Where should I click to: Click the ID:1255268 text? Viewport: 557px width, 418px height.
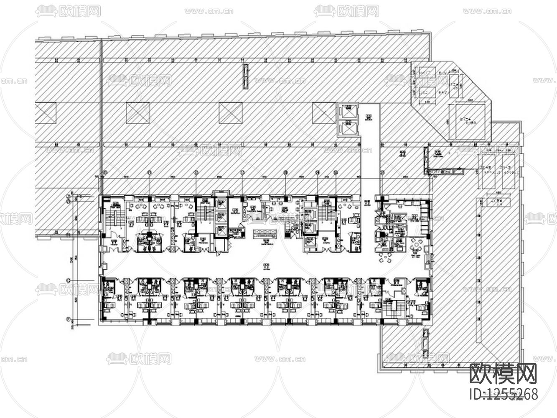pos(504,393)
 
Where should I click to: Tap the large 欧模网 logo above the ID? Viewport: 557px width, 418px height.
pos(503,373)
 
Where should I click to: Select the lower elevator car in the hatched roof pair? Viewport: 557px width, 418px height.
pos(347,127)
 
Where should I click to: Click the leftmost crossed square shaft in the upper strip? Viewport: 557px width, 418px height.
pos(45,113)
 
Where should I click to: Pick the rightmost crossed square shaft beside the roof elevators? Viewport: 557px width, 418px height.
pos(324,113)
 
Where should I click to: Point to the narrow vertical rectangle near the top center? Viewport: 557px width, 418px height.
pos(245,76)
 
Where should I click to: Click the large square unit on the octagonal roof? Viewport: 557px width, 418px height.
pos(468,121)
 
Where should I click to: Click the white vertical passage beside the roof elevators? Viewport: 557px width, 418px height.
pos(368,142)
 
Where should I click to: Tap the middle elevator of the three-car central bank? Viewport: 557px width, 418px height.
pos(221,217)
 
